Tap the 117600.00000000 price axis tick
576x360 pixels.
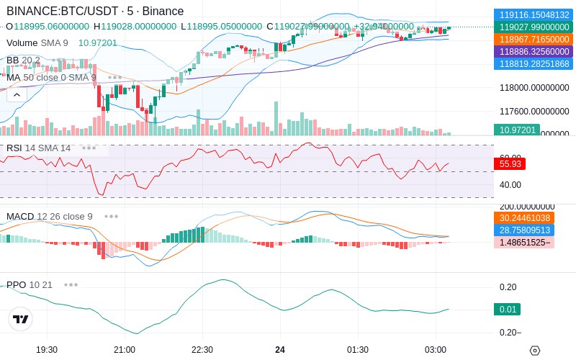click(534, 112)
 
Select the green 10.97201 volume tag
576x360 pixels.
click(516, 130)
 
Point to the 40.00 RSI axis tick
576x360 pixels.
click(510, 185)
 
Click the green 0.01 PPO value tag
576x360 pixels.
click(508, 310)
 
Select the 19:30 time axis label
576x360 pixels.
click(47, 349)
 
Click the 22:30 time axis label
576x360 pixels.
click(202, 349)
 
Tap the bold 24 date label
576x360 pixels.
click(280, 349)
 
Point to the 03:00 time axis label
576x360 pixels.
click(436, 349)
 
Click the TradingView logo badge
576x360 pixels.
click(21, 319)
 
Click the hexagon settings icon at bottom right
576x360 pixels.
click(534, 350)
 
